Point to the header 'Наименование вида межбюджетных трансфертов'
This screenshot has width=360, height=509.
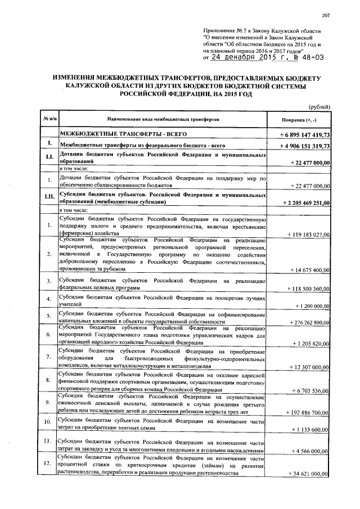pos(163,120)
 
